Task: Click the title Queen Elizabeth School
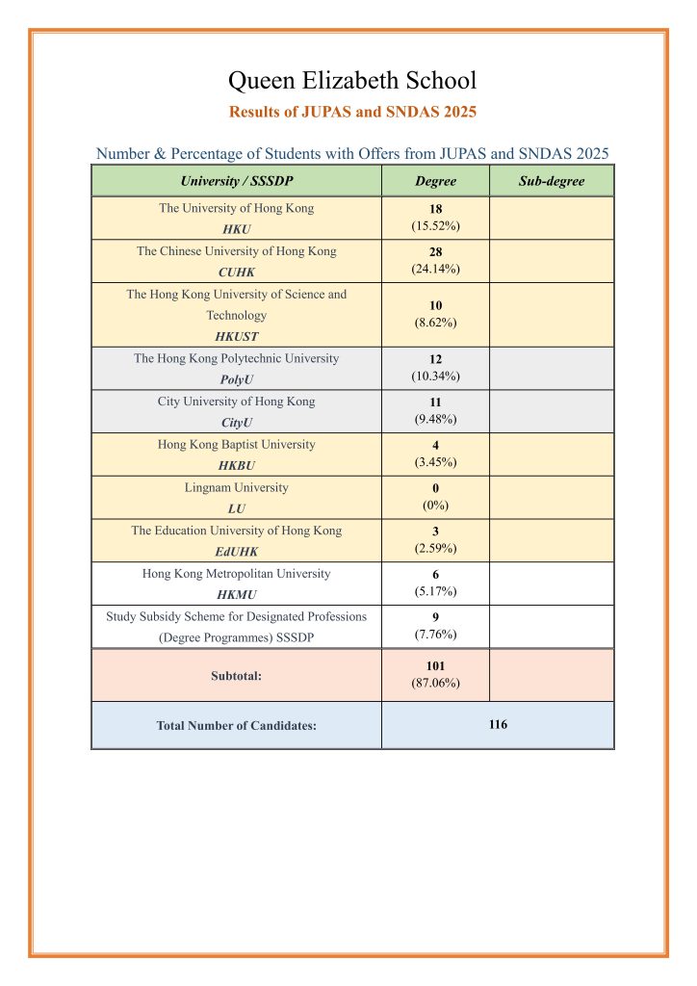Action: point(352,80)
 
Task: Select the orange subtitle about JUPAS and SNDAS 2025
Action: point(352,112)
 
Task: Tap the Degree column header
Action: point(435,181)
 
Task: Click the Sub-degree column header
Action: point(551,181)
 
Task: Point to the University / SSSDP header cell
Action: point(236,181)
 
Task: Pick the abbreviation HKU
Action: point(236,230)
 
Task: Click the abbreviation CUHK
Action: point(236,272)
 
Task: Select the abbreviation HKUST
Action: point(236,337)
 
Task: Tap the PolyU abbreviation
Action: point(236,379)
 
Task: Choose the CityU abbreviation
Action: point(236,423)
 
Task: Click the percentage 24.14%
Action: point(435,269)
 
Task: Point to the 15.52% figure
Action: point(435,226)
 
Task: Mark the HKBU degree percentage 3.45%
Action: point(435,462)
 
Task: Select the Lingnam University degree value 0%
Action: point(435,505)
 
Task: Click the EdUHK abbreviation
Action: point(236,552)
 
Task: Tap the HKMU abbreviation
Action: point(236,595)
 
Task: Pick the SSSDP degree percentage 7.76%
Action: point(435,635)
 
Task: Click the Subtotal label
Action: point(236,676)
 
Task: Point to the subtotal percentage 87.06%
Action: point(435,683)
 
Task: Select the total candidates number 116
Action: point(497,724)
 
